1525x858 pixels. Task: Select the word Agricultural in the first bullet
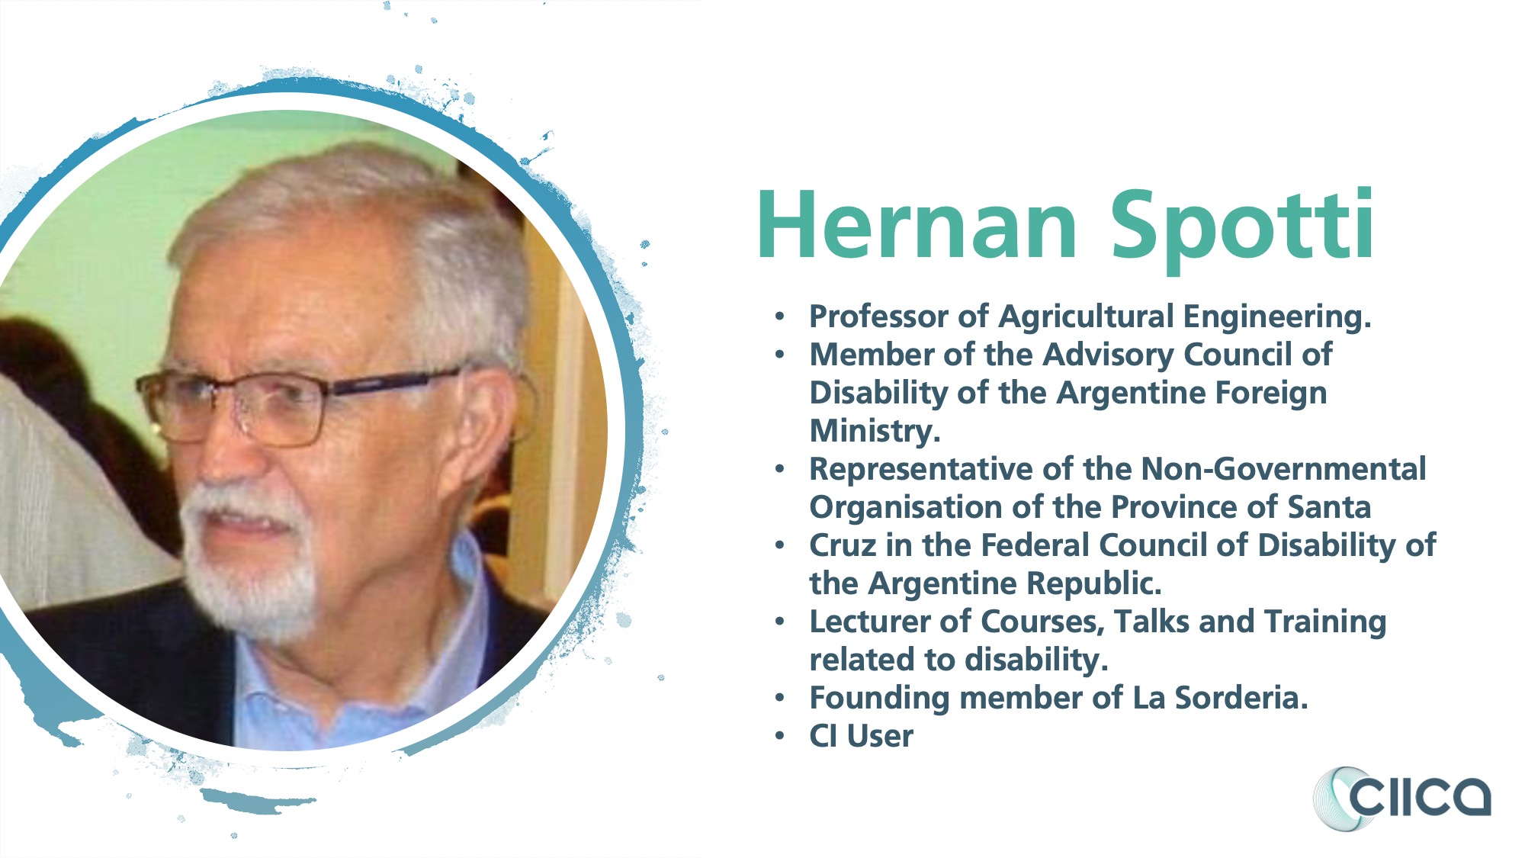(1087, 317)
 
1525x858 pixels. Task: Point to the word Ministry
(875, 432)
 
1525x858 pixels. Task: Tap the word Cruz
(843, 545)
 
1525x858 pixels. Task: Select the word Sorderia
(1241, 698)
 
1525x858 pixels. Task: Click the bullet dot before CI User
(779, 737)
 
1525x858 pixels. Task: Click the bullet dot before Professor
(779, 317)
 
